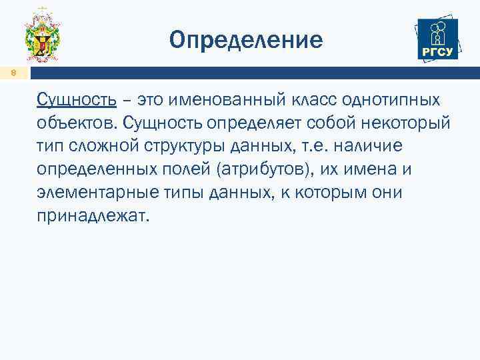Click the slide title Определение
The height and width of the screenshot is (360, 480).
tap(245, 40)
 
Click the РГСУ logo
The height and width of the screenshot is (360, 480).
tap(437, 39)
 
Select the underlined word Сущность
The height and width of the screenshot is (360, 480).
tap(77, 100)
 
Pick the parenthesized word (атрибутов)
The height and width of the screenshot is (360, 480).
tap(261, 169)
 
